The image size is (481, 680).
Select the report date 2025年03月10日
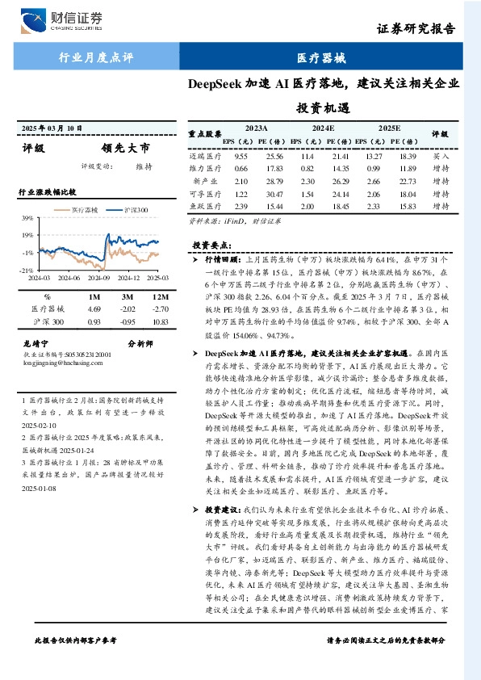(51, 128)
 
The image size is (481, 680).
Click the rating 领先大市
(125, 149)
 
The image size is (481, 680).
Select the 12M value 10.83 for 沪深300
(158, 323)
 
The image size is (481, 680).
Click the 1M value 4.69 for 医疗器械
(93, 309)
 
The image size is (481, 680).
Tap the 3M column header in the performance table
(125, 295)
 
